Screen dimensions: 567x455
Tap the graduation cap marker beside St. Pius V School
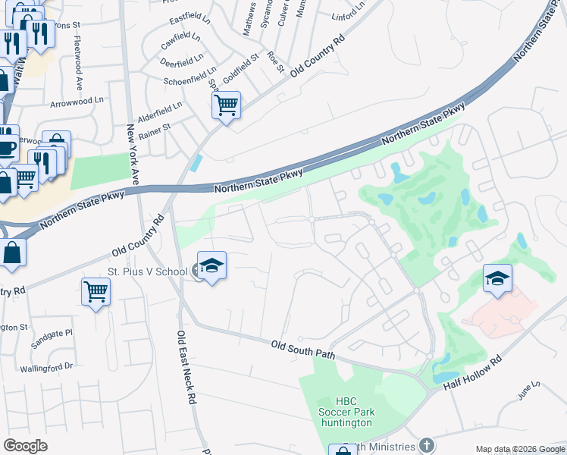click(x=212, y=266)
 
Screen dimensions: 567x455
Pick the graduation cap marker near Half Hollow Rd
click(x=497, y=278)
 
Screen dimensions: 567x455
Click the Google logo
click(x=26, y=446)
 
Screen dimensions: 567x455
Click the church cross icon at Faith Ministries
click(x=428, y=445)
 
